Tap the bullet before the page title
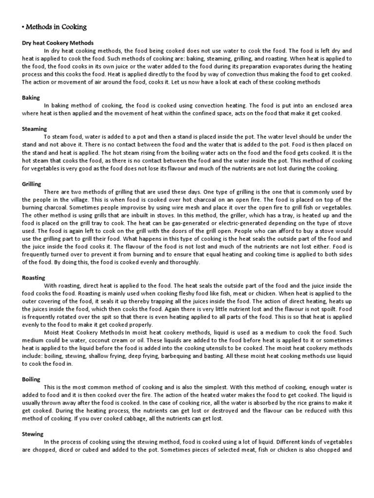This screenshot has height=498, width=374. point(23,28)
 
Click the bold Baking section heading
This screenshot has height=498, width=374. point(31,98)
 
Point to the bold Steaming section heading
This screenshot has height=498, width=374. point(34,129)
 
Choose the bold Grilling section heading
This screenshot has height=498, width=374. point(32,184)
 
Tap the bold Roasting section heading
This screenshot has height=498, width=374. point(34,278)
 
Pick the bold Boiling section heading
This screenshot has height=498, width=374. point(31,379)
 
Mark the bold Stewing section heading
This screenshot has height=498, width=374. point(33,434)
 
